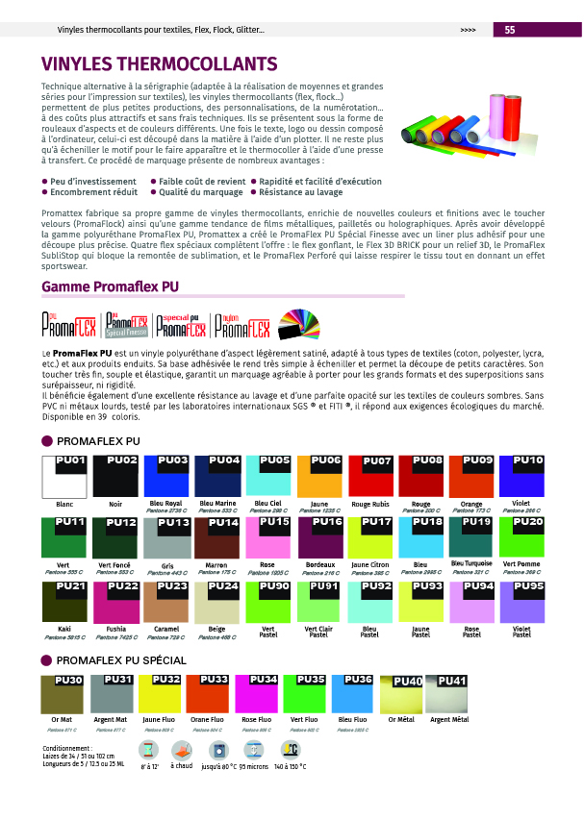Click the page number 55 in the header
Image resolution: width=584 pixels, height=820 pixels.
(x=510, y=31)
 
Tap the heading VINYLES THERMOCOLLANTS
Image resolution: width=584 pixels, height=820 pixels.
(x=160, y=64)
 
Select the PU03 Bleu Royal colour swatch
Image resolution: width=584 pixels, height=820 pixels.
(x=166, y=476)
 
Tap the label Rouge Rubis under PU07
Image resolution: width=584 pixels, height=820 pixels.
(x=371, y=504)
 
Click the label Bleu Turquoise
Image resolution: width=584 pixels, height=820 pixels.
(x=471, y=562)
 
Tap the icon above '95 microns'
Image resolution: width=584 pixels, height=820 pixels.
(x=254, y=751)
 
